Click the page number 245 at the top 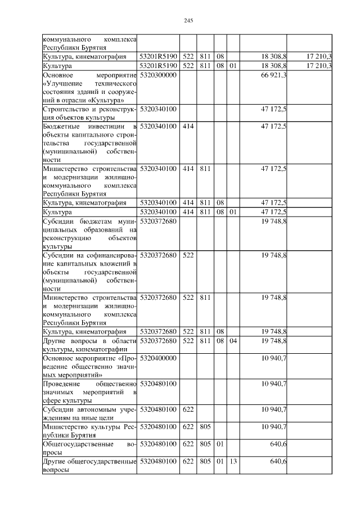188,21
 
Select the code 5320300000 158,75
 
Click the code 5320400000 158,358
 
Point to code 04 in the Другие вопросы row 232,341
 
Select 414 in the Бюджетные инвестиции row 188,127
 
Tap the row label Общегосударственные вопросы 89,449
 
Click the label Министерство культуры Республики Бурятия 89,431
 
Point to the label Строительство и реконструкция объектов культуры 89,113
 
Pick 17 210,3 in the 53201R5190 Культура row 319,66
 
